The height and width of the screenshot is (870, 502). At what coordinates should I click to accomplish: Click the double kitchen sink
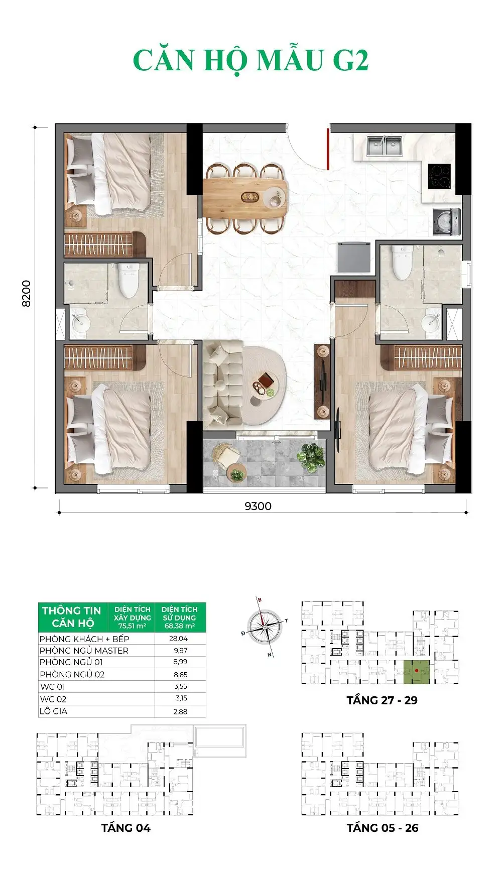[384, 146]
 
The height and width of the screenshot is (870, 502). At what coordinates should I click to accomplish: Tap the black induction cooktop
[439, 176]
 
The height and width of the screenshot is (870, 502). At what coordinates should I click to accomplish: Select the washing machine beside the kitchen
[446, 221]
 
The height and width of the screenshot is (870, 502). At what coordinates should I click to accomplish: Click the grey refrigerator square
[354, 257]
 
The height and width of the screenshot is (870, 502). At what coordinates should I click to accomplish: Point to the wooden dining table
[245, 197]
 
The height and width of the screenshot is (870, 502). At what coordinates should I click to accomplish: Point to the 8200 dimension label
[26, 293]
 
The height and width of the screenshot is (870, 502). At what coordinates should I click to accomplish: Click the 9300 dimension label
[258, 506]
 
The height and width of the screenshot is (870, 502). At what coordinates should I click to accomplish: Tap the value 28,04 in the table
[179, 639]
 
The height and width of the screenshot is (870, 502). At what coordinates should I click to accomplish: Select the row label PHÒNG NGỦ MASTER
[84, 650]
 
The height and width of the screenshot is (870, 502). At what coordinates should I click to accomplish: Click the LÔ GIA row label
[53, 711]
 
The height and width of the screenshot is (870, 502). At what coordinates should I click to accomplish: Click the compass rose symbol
[265, 627]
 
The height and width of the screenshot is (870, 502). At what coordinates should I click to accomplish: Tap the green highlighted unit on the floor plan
[417, 672]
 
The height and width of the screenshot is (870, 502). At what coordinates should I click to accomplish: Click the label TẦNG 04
[125, 828]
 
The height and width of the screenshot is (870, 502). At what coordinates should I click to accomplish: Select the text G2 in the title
[350, 61]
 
